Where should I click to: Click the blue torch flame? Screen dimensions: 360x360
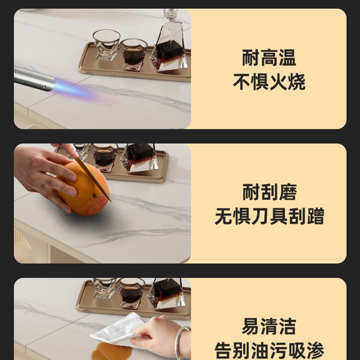[74, 89]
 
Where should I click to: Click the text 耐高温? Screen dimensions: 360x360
[269, 58]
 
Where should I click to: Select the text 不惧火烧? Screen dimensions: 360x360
[269, 82]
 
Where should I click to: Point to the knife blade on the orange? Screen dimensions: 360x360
[90, 173]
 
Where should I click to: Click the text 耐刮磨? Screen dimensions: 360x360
[269, 193]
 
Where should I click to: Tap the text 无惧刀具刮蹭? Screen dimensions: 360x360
[269, 216]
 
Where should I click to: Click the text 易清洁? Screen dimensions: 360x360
[269, 326]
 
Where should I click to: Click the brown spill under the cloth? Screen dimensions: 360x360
[108, 351]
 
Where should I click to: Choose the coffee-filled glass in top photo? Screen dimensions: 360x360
[133, 54]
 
